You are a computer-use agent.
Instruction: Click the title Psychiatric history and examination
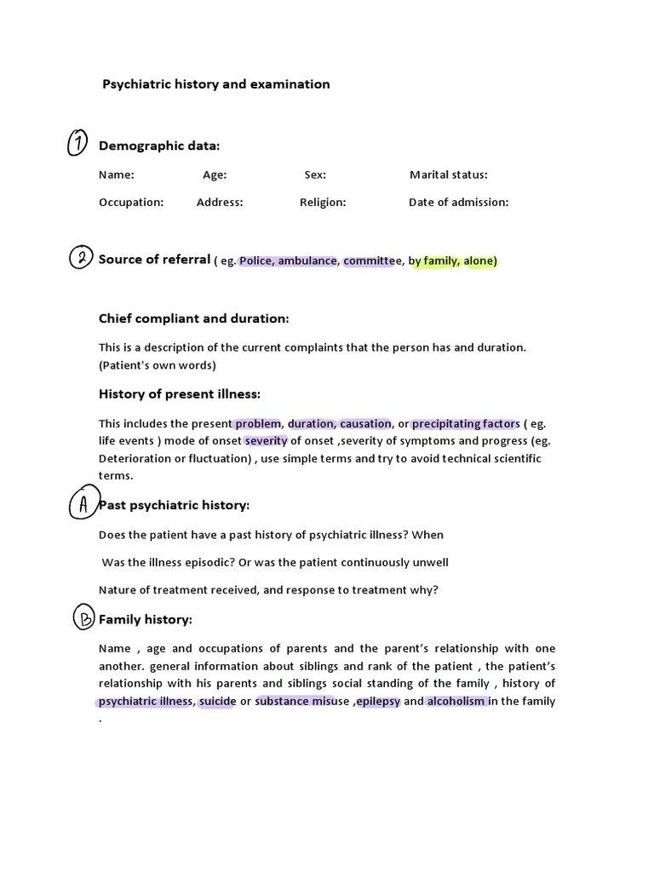tap(216, 84)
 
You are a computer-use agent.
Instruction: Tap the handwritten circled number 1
tap(77, 145)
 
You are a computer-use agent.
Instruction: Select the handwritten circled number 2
tap(80, 258)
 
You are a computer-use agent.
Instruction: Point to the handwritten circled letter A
tap(83, 505)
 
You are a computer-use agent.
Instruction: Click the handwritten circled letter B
tap(84, 619)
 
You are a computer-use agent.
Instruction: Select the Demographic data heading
tap(159, 146)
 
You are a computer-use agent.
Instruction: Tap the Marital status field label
tap(449, 175)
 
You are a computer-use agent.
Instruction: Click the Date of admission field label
tap(458, 203)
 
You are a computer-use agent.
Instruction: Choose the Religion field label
tap(323, 203)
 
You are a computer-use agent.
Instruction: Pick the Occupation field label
tap(131, 203)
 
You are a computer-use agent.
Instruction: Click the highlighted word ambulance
tap(307, 261)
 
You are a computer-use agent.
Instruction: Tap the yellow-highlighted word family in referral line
tap(441, 261)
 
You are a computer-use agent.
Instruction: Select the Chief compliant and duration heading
tap(194, 318)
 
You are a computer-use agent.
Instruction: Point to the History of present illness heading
tap(180, 394)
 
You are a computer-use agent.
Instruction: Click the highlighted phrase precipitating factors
tap(463, 423)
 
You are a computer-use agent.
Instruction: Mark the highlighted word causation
tap(365, 423)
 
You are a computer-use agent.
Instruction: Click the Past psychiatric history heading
tap(175, 505)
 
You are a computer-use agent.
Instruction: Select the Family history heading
tap(146, 619)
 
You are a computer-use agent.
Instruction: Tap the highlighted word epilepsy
tap(378, 702)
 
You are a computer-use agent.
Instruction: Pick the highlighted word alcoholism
tap(456, 702)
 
